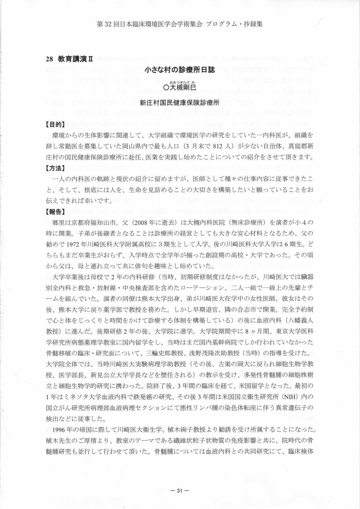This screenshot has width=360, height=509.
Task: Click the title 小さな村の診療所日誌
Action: click(180, 70)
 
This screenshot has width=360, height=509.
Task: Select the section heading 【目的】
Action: click(55, 124)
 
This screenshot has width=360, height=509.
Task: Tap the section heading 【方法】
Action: click(55, 168)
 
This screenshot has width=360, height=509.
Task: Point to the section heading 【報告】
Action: click(55, 212)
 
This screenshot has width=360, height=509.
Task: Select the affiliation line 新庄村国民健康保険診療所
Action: click(180, 103)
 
